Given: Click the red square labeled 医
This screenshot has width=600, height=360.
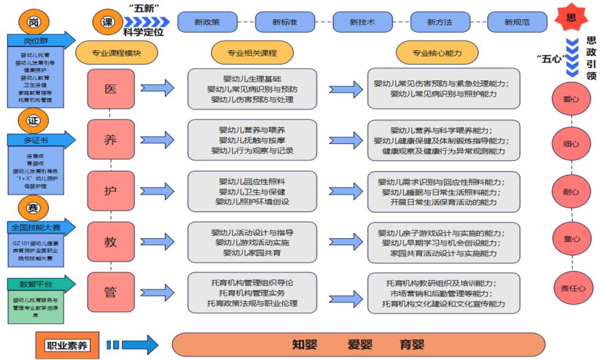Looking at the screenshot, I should tap(111, 88).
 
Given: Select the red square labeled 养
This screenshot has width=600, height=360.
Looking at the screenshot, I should tap(111, 139).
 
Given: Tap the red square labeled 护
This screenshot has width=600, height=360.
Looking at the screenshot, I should tap(111, 190).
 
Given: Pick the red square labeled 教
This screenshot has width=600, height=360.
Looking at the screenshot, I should tap(111, 241).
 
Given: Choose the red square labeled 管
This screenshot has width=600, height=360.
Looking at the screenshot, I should tap(111, 292).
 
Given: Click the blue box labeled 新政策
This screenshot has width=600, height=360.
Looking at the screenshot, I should tap(207, 22).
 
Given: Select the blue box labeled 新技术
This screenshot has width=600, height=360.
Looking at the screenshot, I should tap(362, 22).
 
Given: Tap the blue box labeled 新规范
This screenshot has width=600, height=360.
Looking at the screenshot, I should tap(517, 22).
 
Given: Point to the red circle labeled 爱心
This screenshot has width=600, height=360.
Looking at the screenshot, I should tap(571, 98).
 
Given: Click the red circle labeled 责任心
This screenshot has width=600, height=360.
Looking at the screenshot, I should tap(571, 288).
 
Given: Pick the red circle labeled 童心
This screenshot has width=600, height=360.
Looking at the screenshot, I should tap(571, 240).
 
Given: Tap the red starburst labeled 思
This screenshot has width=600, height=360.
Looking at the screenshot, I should tap(571, 18).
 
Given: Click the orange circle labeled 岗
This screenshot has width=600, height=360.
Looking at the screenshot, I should tap(33, 23).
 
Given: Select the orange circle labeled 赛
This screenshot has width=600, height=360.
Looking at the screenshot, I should tap(33, 207).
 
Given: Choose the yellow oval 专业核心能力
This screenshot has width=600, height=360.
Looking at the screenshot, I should tap(437, 53).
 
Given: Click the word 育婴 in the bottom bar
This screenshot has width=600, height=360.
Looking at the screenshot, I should tap(411, 345).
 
